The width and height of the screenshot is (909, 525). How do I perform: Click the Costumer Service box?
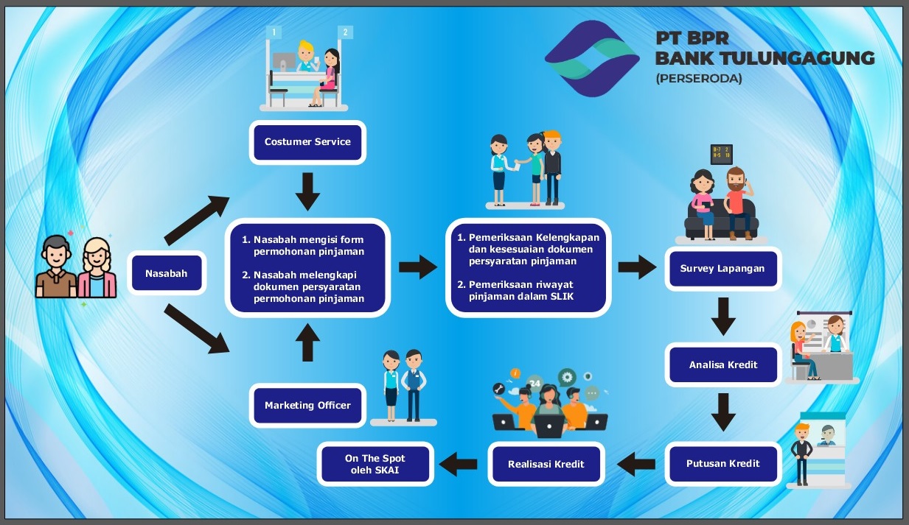pyautogui.click(x=307, y=142)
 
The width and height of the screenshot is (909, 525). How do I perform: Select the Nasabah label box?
pyautogui.click(x=166, y=274)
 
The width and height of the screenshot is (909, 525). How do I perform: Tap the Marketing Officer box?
pyautogui.click(x=307, y=405)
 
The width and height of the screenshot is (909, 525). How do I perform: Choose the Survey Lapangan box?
pyautogui.click(x=722, y=269)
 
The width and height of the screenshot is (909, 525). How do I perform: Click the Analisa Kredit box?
pyautogui.click(x=722, y=364)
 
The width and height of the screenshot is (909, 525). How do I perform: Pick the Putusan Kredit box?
pyautogui.click(x=722, y=464)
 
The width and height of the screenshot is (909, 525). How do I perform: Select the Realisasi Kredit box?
pyautogui.click(x=546, y=464)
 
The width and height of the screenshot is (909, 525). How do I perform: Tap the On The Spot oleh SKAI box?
pyautogui.click(x=375, y=464)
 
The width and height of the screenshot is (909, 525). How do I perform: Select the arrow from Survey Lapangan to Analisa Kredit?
pyautogui.click(x=723, y=317)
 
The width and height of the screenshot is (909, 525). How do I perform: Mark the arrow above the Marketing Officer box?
pyautogui.click(x=307, y=344)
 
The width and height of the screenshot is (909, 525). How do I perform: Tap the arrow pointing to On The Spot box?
pyautogui.click(x=457, y=464)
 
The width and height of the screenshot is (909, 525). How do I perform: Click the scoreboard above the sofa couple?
pyautogui.click(x=721, y=154)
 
